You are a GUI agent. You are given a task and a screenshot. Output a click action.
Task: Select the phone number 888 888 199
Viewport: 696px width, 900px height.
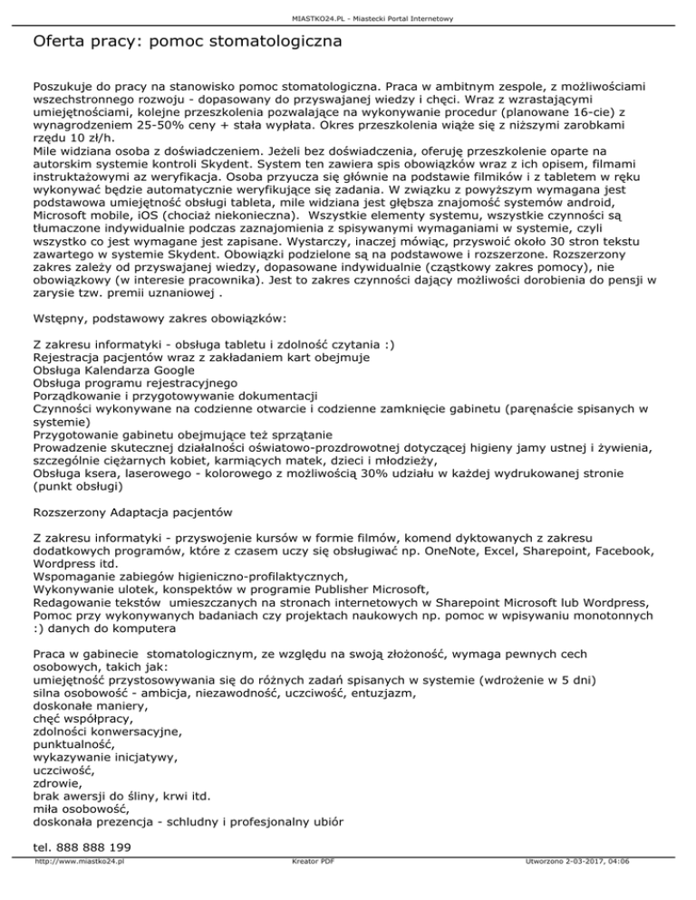pyautogui.click(x=93, y=846)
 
